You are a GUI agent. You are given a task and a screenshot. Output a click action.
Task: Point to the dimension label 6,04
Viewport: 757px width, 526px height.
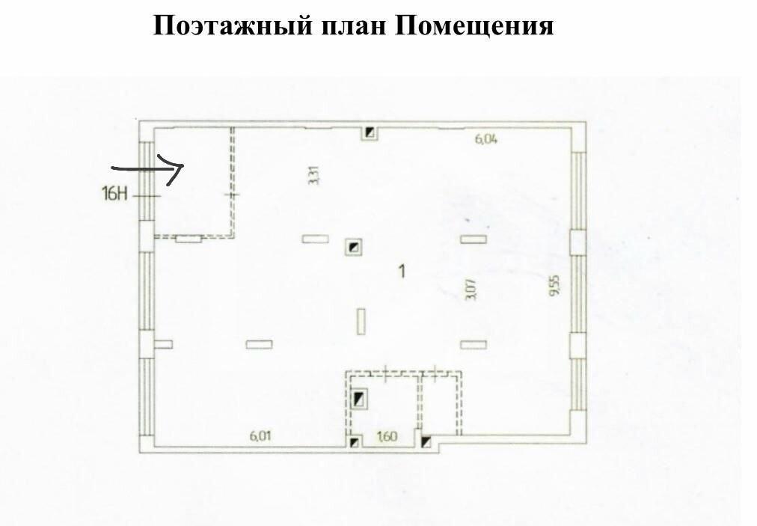[x=485, y=140]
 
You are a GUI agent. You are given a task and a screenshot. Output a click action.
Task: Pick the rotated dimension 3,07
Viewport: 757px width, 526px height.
[x=471, y=290]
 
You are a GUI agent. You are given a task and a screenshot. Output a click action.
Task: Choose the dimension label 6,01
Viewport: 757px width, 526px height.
[x=260, y=435]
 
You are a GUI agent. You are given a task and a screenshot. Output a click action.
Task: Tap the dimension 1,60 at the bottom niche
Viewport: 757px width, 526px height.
[x=387, y=437]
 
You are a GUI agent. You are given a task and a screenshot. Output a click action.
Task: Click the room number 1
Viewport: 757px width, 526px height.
[x=402, y=272]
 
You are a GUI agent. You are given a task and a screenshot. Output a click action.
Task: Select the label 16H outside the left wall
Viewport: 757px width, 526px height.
[x=114, y=195]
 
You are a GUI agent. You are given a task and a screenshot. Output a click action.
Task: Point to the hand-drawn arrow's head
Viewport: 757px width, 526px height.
[x=183, y=165]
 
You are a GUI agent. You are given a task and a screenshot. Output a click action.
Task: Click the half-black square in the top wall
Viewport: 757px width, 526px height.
[x=370, y=132]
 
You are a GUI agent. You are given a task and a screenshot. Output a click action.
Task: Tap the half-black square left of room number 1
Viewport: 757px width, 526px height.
[x=355, y=248]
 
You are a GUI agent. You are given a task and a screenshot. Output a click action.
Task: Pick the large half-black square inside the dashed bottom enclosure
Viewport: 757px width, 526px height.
[x=360, y=399]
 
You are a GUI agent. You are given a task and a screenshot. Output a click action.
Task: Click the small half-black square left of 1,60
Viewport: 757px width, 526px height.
[x=355, y=442]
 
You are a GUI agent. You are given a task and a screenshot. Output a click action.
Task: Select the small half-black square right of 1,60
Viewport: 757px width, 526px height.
[x=426, y=442]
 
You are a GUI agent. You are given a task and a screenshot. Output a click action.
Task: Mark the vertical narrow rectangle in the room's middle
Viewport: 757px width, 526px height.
[x=361, y=321]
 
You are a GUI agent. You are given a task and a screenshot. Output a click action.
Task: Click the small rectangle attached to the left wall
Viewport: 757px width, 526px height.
[x=163, y=344]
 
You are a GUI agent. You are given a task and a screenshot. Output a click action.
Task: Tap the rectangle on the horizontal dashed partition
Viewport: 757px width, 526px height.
[x=189, y=238]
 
